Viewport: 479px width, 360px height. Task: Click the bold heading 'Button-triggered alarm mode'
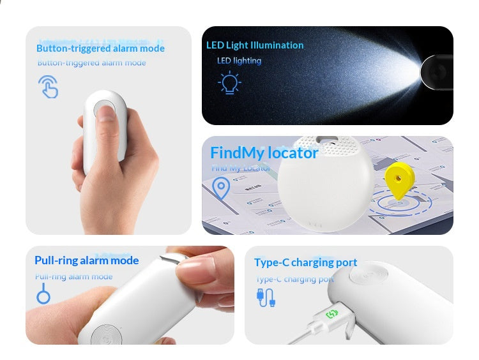[x=100, y=49]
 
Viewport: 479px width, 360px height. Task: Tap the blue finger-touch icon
[x=48, y=87]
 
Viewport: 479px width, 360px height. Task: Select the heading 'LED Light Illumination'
[x=255, y=45]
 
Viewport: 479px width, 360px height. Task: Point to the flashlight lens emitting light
[x=437, y=72]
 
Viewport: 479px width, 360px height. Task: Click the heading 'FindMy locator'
[x=264, y=153]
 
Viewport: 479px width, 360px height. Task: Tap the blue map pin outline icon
[x=221, y=188]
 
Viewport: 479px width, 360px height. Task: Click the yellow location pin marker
[x=399, y=180]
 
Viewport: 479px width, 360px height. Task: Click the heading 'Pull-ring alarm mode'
[x=86, y=260]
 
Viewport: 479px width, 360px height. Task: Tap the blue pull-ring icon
[x=43, y=296]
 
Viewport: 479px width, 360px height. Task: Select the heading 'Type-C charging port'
[x=305, y=263]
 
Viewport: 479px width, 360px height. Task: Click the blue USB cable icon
[x=265, y=297]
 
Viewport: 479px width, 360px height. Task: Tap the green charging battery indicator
[x=333, y=313]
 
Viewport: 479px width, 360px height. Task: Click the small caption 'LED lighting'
[x=239, y=61]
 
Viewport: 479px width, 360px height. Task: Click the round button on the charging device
[x=365, y=278]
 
